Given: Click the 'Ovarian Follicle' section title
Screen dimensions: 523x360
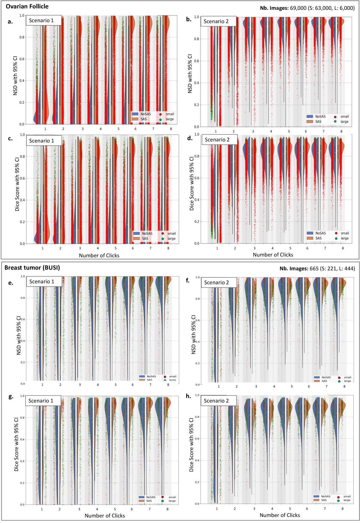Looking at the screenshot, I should coord(27,6).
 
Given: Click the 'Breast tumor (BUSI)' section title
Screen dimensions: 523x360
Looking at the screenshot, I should coord(32,268).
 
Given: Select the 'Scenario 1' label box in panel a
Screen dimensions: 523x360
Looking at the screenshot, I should coord(42,21).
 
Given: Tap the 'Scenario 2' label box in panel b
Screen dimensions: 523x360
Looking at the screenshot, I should coord(216,22).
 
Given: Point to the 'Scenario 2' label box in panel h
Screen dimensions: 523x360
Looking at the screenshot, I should coord(216,401).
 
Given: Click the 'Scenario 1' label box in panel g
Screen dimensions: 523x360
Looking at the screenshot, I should coord(41,401).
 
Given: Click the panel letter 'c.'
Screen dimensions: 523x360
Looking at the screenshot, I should coord(10,139).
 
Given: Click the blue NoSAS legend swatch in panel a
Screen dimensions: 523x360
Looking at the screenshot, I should coord(135,114).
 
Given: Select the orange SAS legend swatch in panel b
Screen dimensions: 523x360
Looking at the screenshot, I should coord(310,121).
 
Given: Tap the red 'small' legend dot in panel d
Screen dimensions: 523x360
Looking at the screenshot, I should coord(336,233).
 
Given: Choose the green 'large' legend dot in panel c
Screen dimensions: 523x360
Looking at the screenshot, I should coord(163,239).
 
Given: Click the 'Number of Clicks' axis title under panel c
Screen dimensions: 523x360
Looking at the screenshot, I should coord(99,255).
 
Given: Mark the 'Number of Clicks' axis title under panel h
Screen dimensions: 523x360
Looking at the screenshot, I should coord(280,515).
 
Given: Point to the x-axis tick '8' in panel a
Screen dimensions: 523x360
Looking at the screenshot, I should coord(171,129).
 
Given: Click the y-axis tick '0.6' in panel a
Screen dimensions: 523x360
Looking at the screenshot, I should coord(22,59).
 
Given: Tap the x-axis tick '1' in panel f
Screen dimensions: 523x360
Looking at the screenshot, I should coord(219,386).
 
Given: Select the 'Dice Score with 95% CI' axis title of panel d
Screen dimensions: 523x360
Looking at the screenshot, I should coord(192,184).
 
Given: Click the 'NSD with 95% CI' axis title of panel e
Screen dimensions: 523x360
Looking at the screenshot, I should coord(19,335).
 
